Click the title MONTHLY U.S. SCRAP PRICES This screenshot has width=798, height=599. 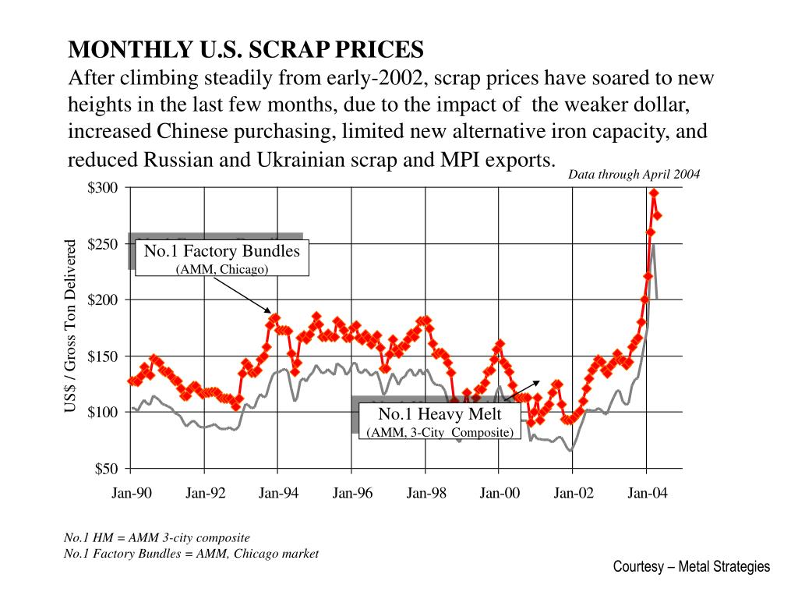(246, 50)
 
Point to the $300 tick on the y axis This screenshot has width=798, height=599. (103, 188)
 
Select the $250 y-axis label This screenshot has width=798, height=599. (103, 244)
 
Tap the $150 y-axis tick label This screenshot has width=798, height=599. (103, 356)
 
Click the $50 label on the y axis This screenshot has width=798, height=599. (106, 469)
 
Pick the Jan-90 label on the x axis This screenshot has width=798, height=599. (131, 493)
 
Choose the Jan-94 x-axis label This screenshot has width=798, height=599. (278, 493)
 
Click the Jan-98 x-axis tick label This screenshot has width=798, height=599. (425, 493)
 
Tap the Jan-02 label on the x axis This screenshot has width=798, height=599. (573, 493)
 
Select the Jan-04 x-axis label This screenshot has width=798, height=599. (647, 493)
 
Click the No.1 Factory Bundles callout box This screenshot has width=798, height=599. (222, 258)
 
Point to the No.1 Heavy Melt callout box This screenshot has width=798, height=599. (440, 421)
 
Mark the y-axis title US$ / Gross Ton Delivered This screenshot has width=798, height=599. (71, 327)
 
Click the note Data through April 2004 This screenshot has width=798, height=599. (634, 175)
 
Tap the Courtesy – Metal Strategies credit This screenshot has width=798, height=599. (691, 567)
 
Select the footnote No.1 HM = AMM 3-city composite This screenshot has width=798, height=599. (157, 538)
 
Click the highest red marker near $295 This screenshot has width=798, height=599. (654, 193)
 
